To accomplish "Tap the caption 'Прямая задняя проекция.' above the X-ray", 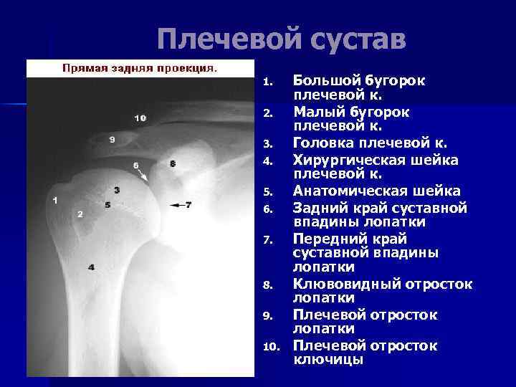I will pos(140,69).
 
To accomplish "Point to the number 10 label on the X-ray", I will pos(140,118).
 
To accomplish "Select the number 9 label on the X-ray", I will pos(112,140).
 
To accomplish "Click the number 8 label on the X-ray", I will pos(173,164).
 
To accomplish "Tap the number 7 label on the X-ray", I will pos(188,205).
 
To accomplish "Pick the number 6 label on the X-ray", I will pos(135,166).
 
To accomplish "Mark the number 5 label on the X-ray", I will pos(107,205).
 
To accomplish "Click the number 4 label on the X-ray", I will pos(91,267).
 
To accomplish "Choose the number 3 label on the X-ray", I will pos(116,190).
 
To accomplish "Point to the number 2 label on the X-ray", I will pos(80,214).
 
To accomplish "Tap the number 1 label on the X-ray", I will pos(55,200).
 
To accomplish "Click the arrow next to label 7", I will pos(176,205).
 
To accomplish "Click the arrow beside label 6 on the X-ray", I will pos(144,173).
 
